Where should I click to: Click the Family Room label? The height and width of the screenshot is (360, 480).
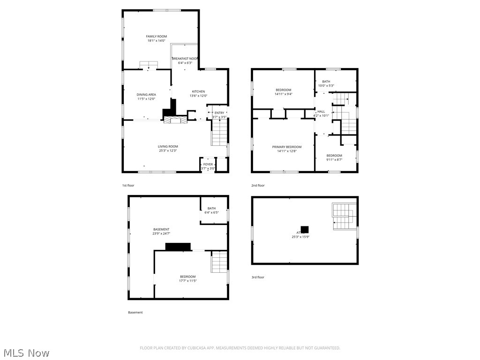156,37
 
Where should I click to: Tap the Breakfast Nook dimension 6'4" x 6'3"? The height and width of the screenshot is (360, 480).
185,63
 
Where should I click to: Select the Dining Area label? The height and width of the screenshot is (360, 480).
146,95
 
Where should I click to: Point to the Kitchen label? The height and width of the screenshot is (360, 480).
198,91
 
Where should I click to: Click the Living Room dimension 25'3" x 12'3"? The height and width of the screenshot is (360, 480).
167,150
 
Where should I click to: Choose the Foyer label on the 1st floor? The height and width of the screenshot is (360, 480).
207,165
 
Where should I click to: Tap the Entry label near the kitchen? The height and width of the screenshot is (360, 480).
219,113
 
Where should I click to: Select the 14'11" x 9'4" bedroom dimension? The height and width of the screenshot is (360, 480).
283,94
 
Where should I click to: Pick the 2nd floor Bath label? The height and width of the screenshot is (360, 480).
326,82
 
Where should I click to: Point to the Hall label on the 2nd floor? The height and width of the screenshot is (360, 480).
321,112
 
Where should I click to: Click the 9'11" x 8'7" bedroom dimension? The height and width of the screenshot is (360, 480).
334,159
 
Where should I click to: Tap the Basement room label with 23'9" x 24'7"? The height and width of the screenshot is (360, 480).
161,230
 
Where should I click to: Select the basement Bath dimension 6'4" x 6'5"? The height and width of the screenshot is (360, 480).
211,212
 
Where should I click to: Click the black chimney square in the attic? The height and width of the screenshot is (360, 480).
304,230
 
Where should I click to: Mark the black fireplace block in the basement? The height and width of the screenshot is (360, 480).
178,247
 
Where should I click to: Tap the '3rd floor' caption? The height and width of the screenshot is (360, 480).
258,277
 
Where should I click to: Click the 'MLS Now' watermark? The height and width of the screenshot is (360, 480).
26,352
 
